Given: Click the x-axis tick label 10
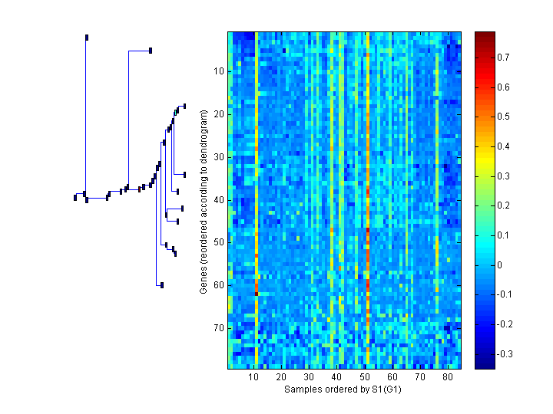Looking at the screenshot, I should pos(253,377).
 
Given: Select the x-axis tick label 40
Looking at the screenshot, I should pos(336,377).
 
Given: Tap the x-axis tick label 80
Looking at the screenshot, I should pos(448,377).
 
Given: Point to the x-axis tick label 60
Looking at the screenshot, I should pos(392,377).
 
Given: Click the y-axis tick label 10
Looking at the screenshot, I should pos(218,71).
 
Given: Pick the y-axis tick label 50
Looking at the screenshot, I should pos(218,242).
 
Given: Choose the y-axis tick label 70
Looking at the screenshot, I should pos(218,328).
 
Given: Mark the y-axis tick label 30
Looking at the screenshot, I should pos(218,157).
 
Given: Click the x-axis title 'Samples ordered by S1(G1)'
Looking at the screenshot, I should pos(343,389).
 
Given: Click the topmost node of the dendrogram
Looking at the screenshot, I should pos(87,37).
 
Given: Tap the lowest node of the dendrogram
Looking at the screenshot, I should pos(162,285).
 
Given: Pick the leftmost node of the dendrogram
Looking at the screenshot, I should pos(75,197).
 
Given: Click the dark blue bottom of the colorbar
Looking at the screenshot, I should pos(485,365).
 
